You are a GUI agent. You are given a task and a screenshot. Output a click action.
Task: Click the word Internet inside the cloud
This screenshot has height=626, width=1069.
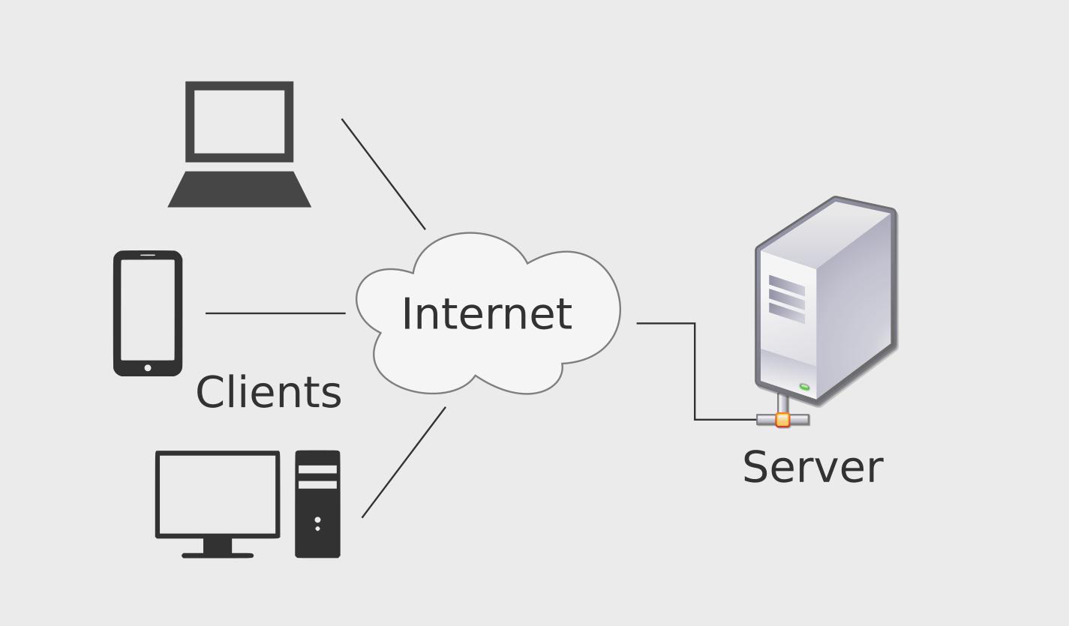click(x=487, y=314)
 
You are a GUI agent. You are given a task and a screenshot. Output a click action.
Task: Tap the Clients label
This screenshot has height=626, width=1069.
click(x=269, y=392)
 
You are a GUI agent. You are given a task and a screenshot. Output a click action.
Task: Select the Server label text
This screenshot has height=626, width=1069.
click(x=812, y=467)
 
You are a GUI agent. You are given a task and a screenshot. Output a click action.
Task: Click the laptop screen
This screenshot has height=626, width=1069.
click(x=239, y=121)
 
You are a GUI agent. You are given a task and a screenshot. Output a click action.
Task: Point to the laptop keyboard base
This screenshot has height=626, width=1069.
click(x=239, y=189)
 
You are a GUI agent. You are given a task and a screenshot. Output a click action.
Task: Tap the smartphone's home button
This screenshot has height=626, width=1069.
click(x=148, y=367)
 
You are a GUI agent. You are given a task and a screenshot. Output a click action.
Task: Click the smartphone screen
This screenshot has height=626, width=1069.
click(x=148, y=310)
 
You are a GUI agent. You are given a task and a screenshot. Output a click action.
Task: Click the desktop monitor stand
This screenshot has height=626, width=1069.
click(x=218, y=548)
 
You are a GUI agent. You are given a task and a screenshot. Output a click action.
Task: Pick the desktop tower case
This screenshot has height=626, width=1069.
click(x=317, y=525)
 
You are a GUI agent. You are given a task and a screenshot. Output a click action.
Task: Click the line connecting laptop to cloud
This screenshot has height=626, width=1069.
click(x=383, y=174)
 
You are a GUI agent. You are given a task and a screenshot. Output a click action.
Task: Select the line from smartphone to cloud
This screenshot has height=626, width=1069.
click(x=275, y=313)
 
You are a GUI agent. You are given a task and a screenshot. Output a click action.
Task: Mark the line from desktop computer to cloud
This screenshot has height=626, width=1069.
click(x=404, y=463)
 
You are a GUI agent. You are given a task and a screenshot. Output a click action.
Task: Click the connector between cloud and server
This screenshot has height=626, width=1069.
click(x=695, y=371)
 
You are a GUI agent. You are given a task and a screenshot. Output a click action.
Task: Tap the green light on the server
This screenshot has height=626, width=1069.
click(x=804, y=387)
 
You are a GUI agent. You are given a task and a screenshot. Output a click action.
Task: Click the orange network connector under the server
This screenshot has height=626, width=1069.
click(x=782, y=420)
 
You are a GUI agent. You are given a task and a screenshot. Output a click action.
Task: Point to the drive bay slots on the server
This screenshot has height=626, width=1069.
click(x=786, y=299)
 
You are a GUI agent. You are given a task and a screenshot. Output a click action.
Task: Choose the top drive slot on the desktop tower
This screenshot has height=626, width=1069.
click(x=317, y=469)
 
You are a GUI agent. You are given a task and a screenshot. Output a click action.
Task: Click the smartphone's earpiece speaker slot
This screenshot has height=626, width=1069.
click(x=148, y=256)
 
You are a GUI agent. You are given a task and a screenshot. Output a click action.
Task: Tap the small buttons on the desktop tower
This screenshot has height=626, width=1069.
click(x=317, y=523)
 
